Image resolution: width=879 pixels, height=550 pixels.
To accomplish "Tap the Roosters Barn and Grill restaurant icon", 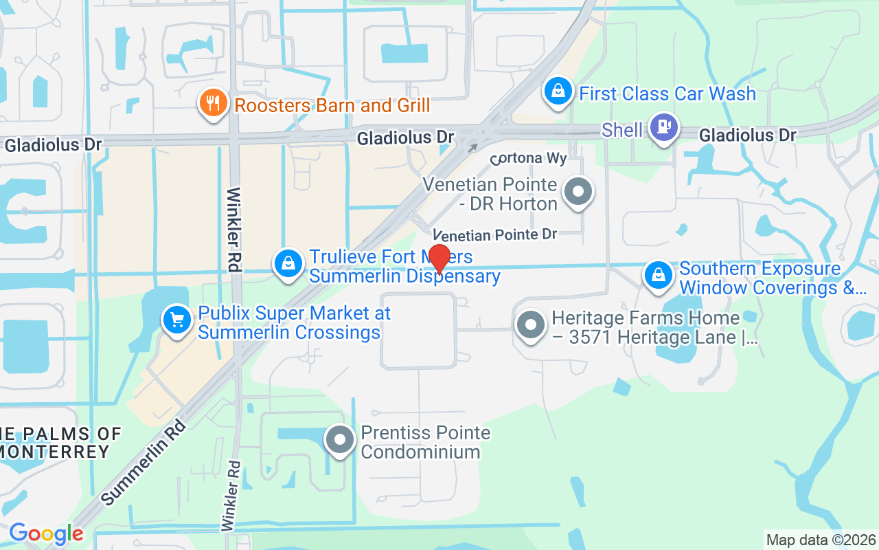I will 213,104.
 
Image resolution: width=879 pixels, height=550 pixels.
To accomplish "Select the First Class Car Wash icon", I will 559,91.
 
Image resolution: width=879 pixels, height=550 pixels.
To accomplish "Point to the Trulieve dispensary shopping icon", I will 288,264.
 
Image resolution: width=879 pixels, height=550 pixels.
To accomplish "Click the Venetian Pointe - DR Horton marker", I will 578,193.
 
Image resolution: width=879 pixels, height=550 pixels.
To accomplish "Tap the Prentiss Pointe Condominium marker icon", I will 339,441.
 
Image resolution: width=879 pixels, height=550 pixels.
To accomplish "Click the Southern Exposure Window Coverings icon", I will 659,276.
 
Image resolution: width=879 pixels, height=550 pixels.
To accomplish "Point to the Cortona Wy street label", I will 528,158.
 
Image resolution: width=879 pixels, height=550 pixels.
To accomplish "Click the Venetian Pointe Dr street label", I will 494,234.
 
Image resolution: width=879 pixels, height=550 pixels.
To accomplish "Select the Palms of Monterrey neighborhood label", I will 58,443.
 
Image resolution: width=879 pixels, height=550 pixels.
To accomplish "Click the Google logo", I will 46,533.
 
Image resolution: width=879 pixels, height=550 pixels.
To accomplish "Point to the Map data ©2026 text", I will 821,540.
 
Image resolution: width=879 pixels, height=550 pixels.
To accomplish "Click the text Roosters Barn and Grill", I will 332,105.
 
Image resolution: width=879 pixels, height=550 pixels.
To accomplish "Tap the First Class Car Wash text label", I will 667,93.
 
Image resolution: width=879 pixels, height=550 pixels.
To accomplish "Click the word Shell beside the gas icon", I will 622,130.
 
